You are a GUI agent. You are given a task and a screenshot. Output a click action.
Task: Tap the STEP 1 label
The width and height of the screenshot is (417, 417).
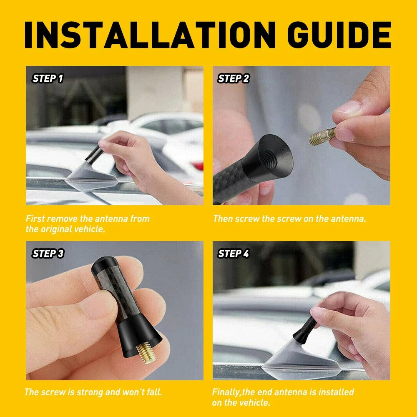point(48,78)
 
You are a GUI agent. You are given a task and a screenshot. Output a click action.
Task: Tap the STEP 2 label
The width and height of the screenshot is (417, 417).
point(233,78)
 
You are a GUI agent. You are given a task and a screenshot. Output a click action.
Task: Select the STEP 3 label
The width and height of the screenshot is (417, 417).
point(48,253)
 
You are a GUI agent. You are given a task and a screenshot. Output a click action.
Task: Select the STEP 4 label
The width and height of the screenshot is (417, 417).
point(233,253)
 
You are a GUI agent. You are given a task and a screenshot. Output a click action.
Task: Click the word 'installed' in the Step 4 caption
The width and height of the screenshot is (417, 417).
point(335,392)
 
